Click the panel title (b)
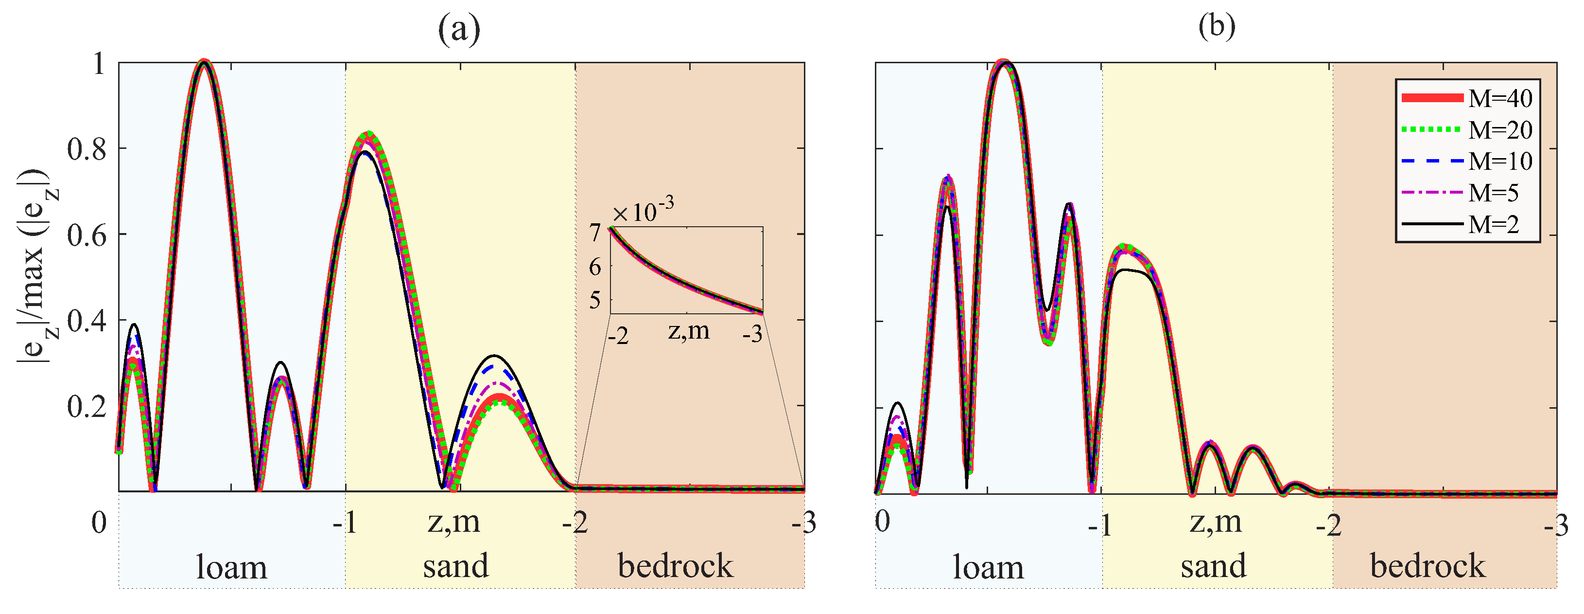click(x=1216, y=27)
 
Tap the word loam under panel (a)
click(x=231, y=567)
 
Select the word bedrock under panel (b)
click(x=1427, y=566)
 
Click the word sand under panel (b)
click(x=1213, y=566)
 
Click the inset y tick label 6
click(x=594, y=267)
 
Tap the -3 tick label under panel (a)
click(x=803, y=523)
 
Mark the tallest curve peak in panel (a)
click(x=204, y=62)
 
